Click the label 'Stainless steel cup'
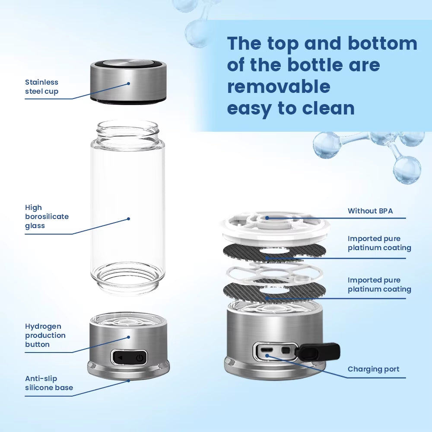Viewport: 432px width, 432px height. point(41,87)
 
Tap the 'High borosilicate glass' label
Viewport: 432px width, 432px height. point(47,216)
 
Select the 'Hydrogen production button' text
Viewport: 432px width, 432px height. point(45,335)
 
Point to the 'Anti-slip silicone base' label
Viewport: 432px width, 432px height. point(49,383)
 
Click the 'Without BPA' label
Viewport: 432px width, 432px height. point(370,211)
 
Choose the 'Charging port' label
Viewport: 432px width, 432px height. point(373,369)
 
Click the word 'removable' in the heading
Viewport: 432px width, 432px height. point(279,86)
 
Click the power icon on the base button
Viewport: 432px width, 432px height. point(139,358)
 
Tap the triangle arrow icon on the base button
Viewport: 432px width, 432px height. point(120,358)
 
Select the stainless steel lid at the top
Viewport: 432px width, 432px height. point(128,82)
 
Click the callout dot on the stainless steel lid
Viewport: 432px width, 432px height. point(128,83)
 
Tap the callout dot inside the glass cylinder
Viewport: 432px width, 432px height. point(128,219)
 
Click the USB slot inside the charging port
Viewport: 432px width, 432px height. point(267,349)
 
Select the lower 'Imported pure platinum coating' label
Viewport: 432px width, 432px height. point(379,285)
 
